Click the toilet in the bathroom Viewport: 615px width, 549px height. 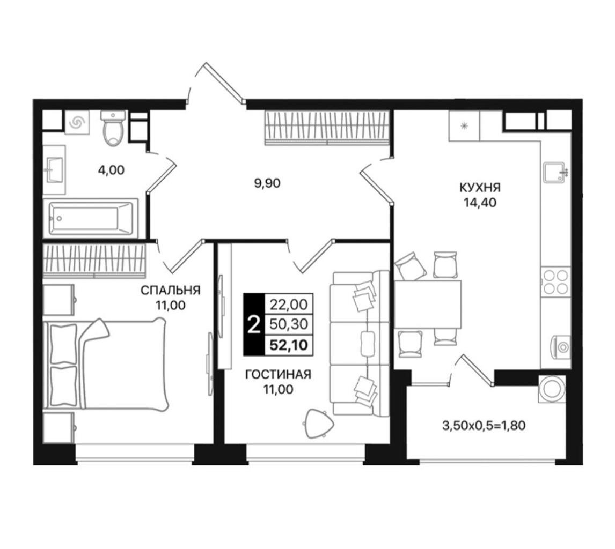pyautogui.click(x=113, y=128)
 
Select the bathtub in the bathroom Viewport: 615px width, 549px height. pyautogui.click(x=91, y=218)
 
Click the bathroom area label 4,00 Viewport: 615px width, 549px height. pyautogui.click(x=112, y=170)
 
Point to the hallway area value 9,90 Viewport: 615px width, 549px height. pyautogui.click(x=267, y=183)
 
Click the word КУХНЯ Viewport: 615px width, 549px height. pyautogui.click(x=480, y=187)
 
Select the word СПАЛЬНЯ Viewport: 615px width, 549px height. pyautogui.click(x=170, y=291)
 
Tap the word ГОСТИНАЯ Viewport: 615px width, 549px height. pyautogui.click(x=278, y=375)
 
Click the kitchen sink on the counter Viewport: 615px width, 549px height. pyautogui.click(x=555, y=172)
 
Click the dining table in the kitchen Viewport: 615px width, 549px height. pyautogui.click(x=428, y=304)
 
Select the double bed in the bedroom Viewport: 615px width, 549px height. pyautogui.click(x=106, y=364)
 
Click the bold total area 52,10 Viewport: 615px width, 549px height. pyautogui.click(x=288, y=345)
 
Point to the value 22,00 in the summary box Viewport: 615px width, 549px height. pyautogui.click(x=288, y=303)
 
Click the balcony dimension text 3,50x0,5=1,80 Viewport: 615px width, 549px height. pyautogui.click(x=484, y=425)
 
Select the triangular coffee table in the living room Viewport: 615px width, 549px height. pyautogui.click(x=319, y=423)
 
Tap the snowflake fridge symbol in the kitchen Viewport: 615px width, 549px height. pyautogui.click(x=464, y=125)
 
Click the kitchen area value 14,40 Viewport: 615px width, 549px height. pyautogui.click(x=480, y=203)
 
